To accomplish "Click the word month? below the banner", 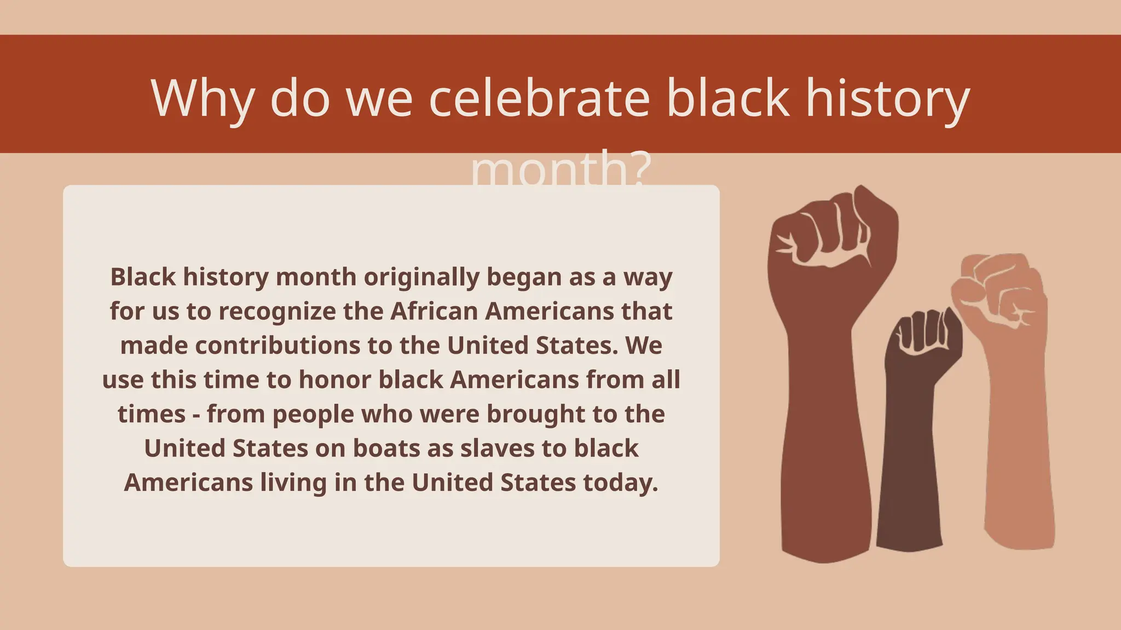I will (560, 168).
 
